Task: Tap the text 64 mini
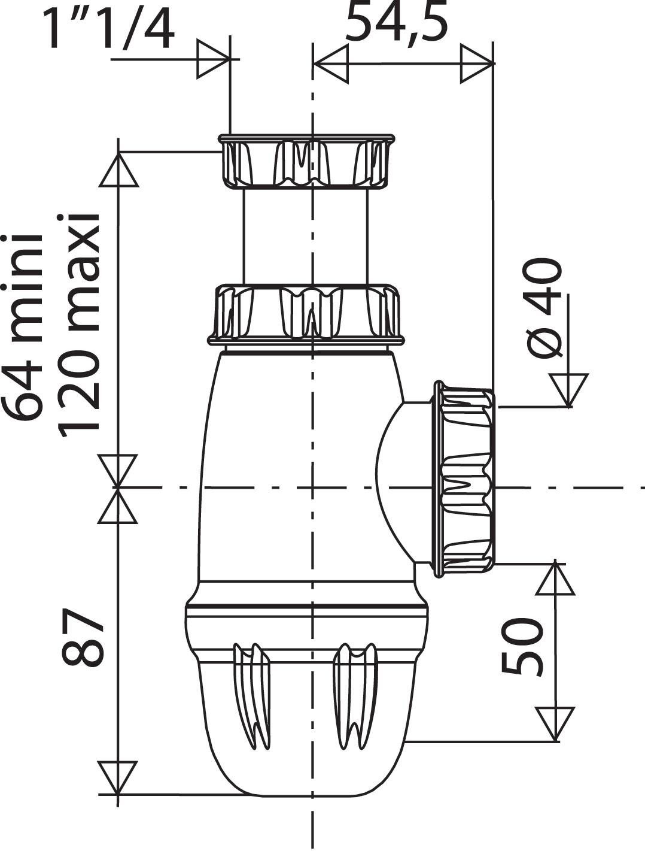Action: click(x=23, y=326)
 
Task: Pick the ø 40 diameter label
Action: click(x=544, y=308)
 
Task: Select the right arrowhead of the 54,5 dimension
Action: click(x=477, y=63)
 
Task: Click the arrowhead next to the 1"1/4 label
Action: click(x=214, y=59)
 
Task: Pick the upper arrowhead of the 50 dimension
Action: click(x=555, y=578)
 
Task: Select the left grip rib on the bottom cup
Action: click(x=251, y=695)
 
